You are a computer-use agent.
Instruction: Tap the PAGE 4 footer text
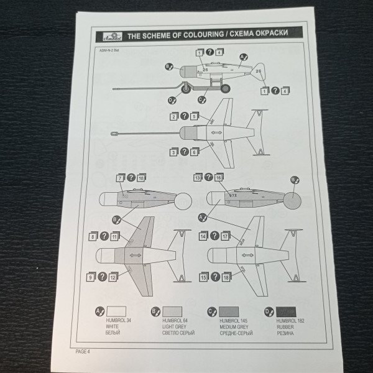pos(83,351)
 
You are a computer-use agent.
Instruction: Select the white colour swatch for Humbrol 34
pos(116,311)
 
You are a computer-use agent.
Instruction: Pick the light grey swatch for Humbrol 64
pos(172,311)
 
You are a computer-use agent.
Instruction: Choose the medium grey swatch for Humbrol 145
pos(229,311)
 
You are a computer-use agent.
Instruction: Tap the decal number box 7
pos(120,178)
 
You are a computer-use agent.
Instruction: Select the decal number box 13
pos(198,178)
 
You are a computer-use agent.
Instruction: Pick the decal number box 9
pos(91,277)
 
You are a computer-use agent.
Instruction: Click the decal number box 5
pos(195,116)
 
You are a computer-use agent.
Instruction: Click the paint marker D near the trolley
pos(171,99)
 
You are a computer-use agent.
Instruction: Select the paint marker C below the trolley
pos(202,99)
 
